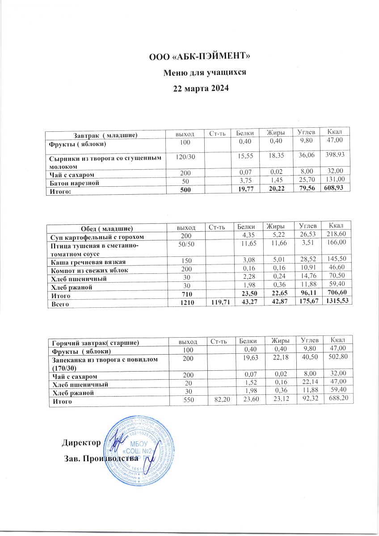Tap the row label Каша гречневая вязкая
[x=88, y=261]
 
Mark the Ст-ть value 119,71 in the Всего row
[x=219, y=303]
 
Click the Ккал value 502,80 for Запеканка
[x=337, y=360]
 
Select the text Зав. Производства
[x=100, y=459]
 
